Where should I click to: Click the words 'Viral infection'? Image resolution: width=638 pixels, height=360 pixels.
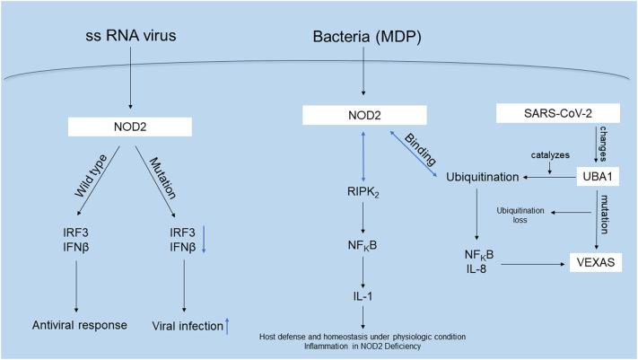(x=180, y=324)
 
